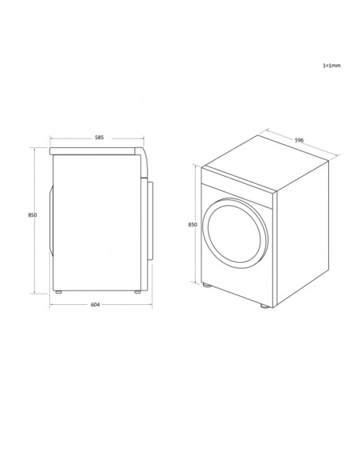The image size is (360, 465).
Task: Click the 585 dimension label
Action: [x=99, y=138]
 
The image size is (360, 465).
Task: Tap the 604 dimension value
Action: [x=95, y=305]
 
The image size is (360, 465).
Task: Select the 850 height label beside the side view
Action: [x=33, y=215]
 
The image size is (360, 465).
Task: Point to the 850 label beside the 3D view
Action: [x=193, y=225]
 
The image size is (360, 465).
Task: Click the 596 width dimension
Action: [x=299, y=140]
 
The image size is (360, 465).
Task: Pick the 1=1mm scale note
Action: [x=331, y=65]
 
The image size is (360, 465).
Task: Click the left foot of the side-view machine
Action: [x=59, y=292]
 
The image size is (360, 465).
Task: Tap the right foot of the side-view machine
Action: [x=138, y=292]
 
